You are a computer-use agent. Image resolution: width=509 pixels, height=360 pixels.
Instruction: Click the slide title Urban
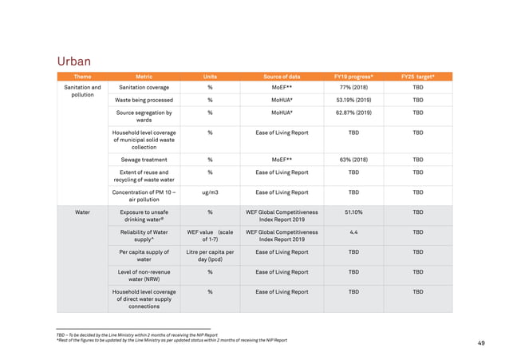coord(73,61)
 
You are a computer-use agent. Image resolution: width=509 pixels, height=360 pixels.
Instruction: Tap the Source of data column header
coord(282,77)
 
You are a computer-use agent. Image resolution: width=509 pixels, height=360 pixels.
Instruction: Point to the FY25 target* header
coord(417,77)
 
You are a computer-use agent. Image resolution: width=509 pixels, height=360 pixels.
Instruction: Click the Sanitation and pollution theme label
coord(82,91)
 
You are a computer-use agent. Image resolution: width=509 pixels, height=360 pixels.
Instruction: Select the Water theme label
coord(82,213)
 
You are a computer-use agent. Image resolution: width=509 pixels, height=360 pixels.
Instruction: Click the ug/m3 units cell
coord(210,192)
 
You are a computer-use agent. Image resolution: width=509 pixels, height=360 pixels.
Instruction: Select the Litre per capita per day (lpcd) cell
coord(210,255)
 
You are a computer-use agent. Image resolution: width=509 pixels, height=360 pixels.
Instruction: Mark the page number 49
coord(481,343)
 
